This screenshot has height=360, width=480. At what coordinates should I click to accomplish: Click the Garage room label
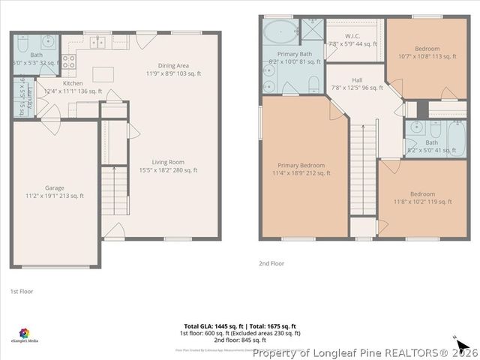click(x=53, y=192)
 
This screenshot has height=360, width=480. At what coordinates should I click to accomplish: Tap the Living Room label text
click(x=168, y=166)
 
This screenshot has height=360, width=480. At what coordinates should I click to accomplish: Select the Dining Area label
click(x=173, y=69)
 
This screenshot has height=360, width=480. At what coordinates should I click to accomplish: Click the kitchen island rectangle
click(x=103, y=74)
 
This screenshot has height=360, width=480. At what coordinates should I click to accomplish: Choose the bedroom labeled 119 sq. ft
click(x=421, y=196)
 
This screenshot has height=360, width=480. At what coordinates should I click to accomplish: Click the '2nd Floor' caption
click(x=271, y=263)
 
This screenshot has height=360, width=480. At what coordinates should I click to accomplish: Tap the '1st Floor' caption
click(x=22, y=291)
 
